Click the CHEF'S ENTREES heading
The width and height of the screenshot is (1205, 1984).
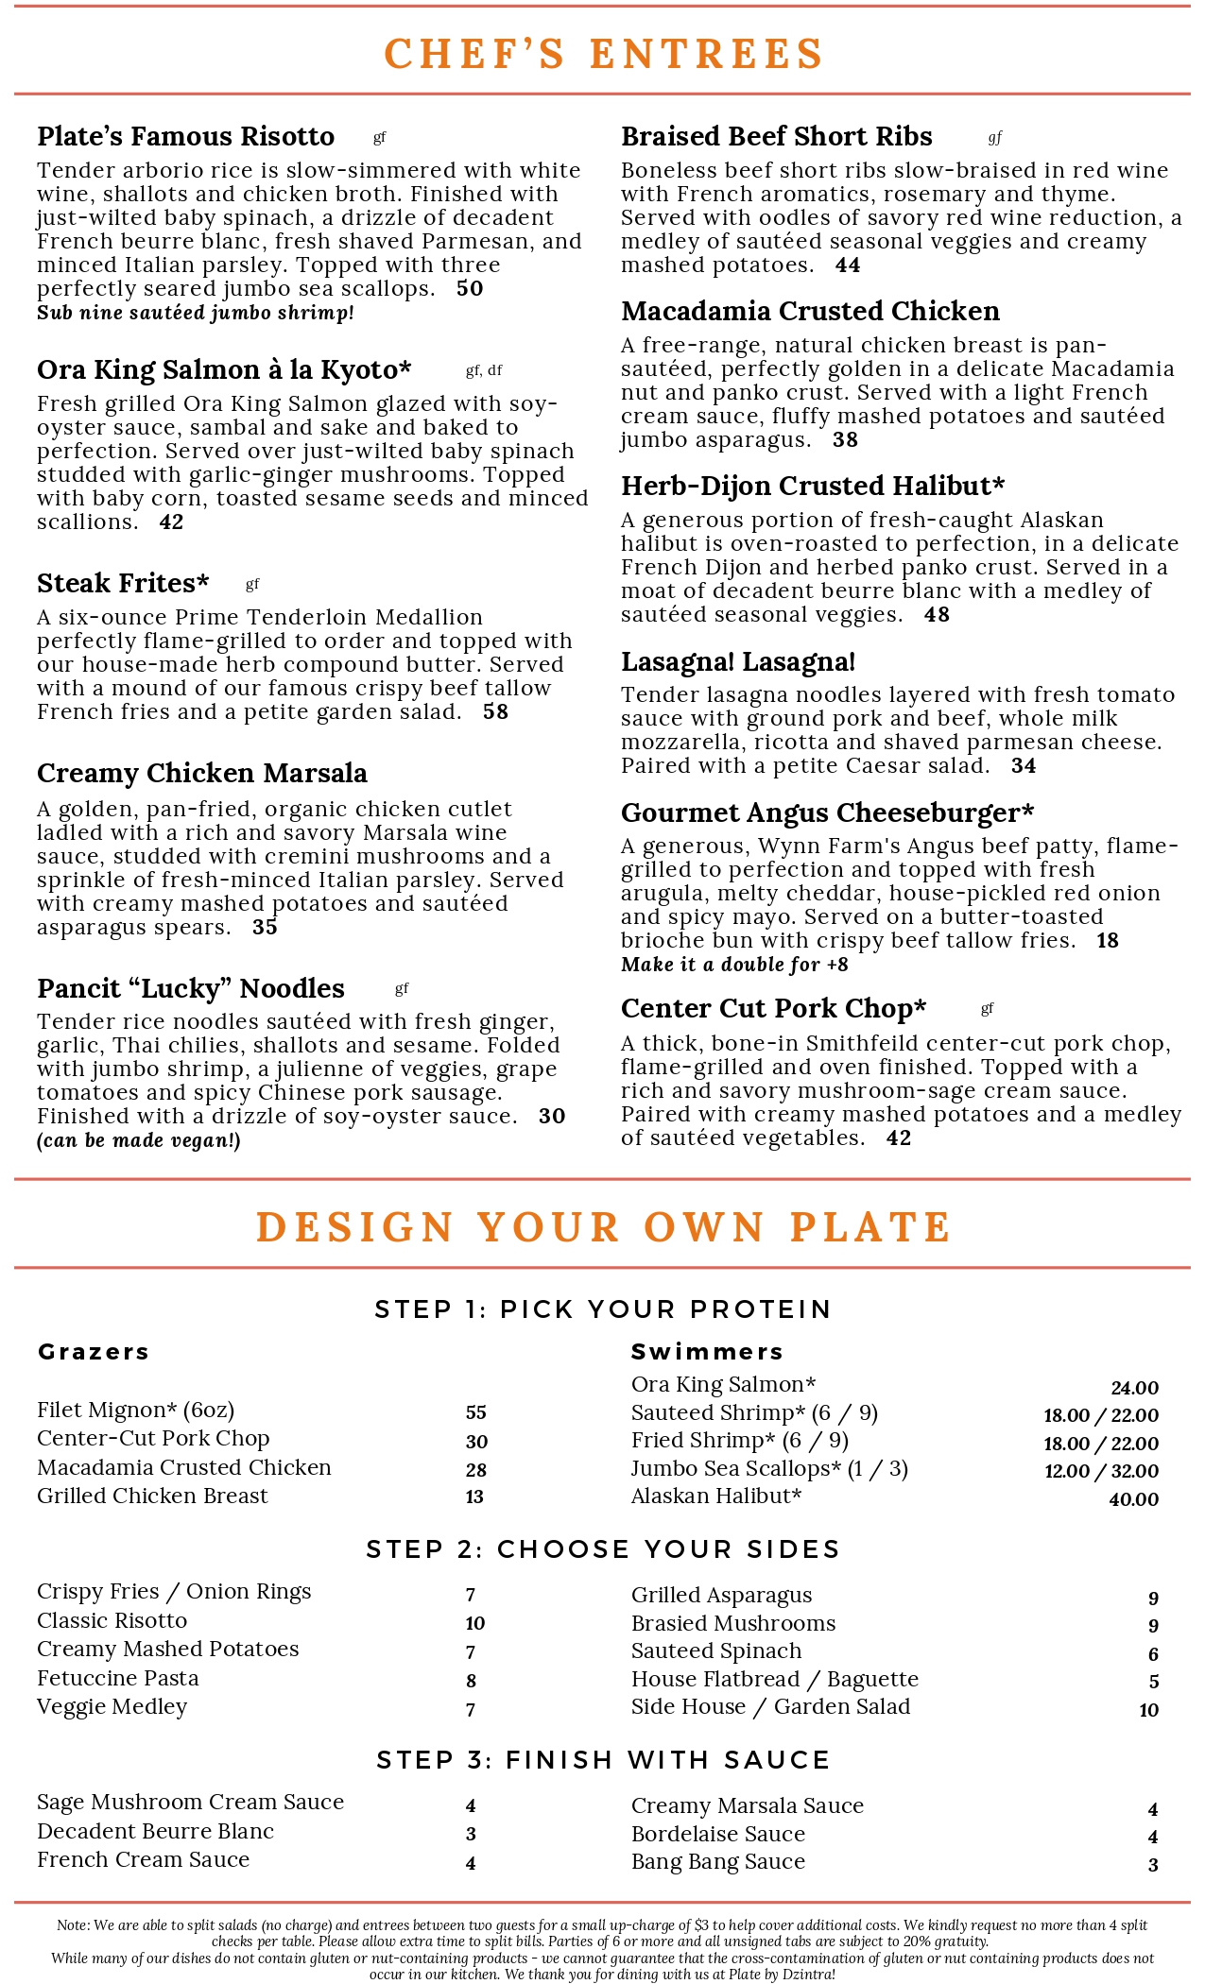pos(603,54)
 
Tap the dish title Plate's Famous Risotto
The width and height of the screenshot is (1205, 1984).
pos(185,137)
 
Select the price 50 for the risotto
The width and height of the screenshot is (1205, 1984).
pos(470,289)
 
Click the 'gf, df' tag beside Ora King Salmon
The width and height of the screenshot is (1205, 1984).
pos(484,370)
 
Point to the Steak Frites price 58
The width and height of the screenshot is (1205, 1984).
pos(495,712)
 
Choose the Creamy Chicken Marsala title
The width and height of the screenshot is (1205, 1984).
pos(201,774)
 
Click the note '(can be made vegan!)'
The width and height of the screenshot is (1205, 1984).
pos(138,1140)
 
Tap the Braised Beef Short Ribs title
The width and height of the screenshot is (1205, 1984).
pos(776,137)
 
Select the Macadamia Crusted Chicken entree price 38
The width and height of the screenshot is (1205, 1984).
pos(845,440)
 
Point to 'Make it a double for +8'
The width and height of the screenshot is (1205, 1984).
pos(734,965)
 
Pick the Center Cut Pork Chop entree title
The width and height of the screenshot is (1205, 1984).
pos(773,1009)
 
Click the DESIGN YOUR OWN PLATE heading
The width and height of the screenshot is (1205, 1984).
pos(603,1227)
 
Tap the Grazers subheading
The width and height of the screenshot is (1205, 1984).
pos(94,1352)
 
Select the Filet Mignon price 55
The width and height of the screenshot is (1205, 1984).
pos(475,1412)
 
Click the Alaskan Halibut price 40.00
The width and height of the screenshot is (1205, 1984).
pos(1133,1499)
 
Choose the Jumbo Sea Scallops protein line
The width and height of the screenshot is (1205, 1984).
pos(769,1469)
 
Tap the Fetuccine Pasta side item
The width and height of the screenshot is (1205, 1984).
pos(118,1678)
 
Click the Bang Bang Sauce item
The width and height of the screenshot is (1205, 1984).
pos(718,1861)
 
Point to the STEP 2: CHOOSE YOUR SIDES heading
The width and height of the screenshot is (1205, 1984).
pos(603,1549)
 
